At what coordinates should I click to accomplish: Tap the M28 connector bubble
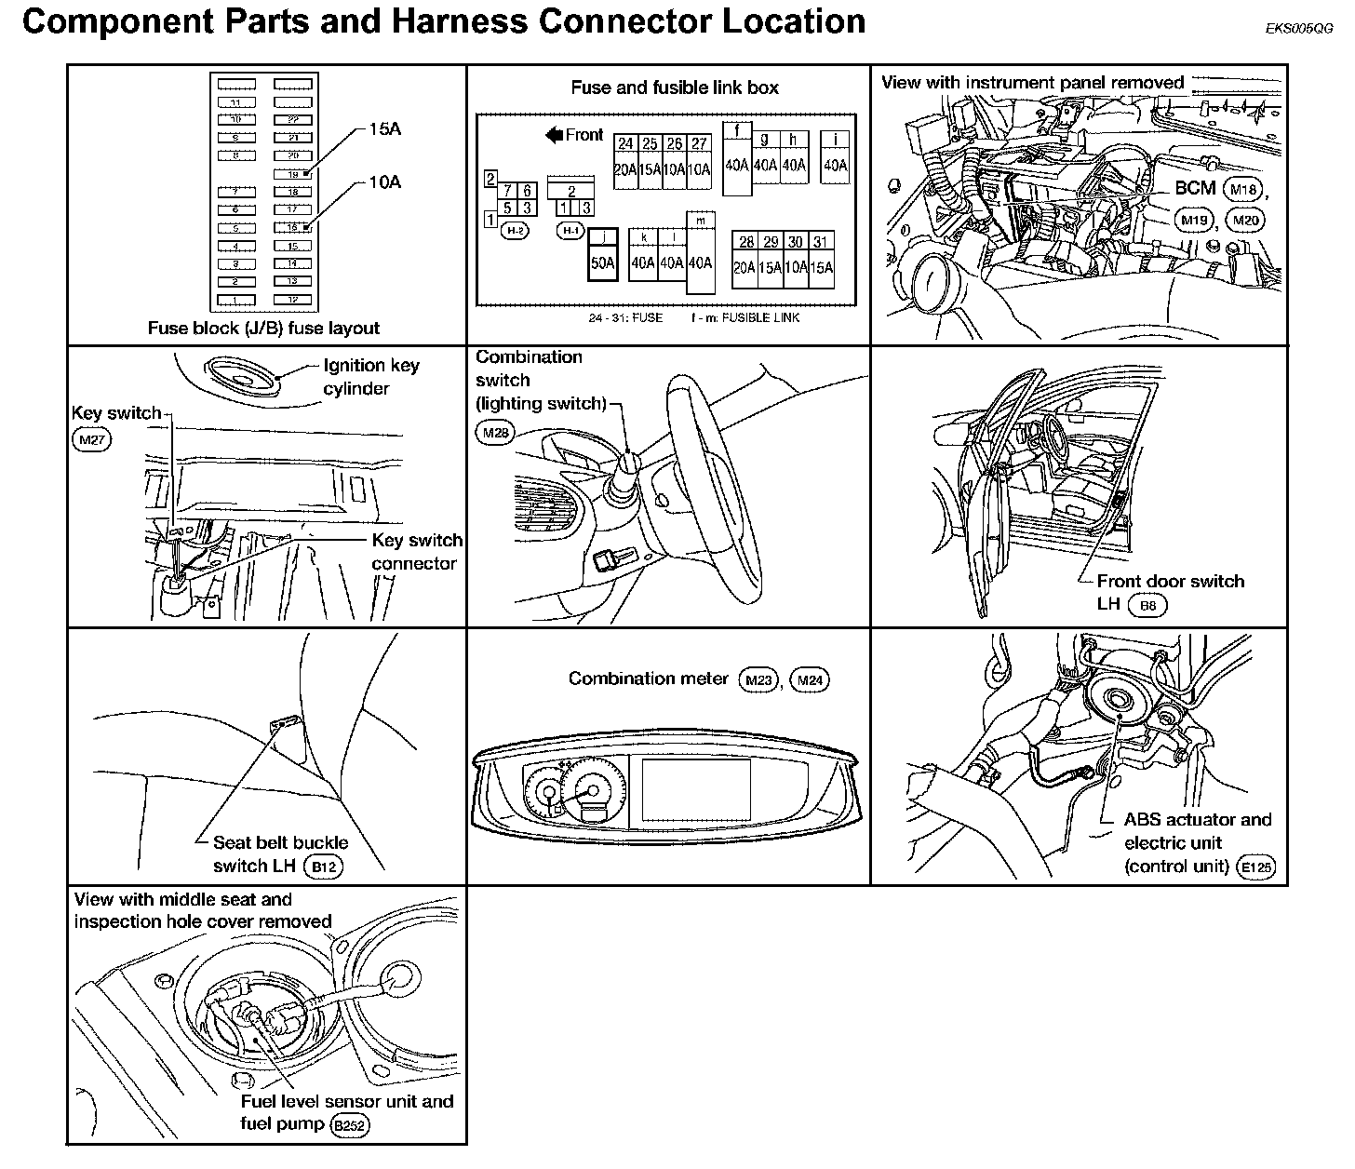(x=495, y=432)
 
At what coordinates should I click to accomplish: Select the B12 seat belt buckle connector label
(x=325, y=867)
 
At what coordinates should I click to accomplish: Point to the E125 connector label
(x=1255, y=867)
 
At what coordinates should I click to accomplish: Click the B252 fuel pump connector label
(x=350, y=1125)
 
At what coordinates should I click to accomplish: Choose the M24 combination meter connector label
(x=811, y=680)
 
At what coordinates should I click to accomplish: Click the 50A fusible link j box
(x=603, y=262)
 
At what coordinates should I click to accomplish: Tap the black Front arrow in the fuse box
(x=555, y=136)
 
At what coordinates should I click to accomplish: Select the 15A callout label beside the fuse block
(x=384, y=129)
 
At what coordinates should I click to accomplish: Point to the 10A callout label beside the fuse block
(x=384, y=182)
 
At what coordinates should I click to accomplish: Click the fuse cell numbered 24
(x=625, y=143)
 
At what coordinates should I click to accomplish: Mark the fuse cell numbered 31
(x=820, y=242)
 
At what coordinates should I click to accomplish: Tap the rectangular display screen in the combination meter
(x=695, y=788)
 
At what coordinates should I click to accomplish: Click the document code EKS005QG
(x=1298, y=29)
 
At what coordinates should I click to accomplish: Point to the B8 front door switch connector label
(x=1147, y=605)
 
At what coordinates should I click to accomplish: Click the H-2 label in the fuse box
(x=515, y=230)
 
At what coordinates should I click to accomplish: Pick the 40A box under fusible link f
(x=736, y=165)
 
